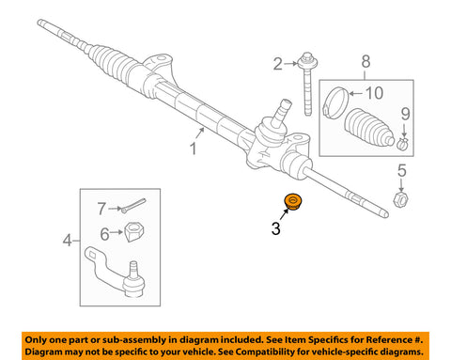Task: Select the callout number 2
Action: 277,65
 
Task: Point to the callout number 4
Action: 67,241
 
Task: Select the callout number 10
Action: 374,93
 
